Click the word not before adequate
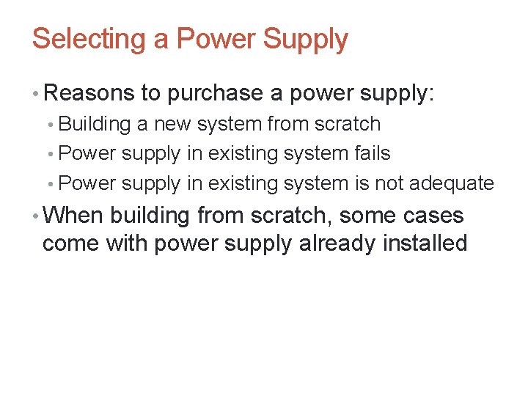(x=389, y=183)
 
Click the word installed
(x=425, y=243)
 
